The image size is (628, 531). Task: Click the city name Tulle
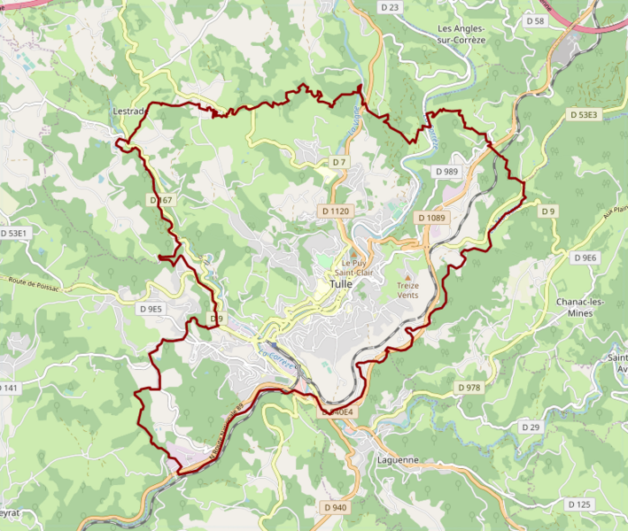click(340, 286)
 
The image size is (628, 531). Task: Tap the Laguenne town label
click(397, 460)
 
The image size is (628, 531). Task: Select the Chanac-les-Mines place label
click(580, 307)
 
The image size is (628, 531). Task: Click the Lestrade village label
click(131, 112)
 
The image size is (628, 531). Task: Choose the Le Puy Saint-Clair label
click(353, 268)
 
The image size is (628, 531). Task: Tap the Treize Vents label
click(407, 291)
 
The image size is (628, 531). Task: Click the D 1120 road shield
click(335, 212)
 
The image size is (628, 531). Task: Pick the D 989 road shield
click(446, 171)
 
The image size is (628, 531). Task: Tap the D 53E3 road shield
click(584, 115)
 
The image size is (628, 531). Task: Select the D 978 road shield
click(469, 388)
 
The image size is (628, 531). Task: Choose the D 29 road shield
click(531, 427)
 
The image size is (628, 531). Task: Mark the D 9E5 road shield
click(151, 309)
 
